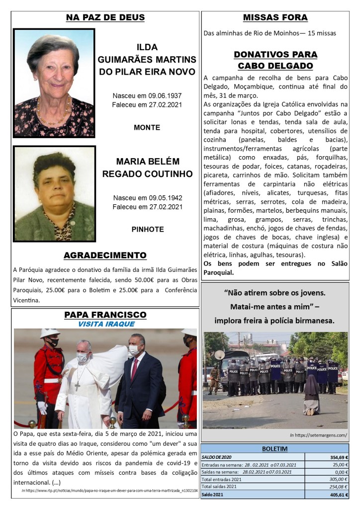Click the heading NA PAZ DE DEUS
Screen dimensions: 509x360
(x=105, y=18)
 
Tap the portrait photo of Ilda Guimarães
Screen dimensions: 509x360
(x=54, y=83)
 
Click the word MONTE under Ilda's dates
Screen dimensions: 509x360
(x=147, y=128)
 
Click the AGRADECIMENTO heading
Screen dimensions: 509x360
(x=105, y=255)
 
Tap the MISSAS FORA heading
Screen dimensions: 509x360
(x=275, y=18)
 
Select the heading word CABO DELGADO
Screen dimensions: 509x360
(x=275, y=66)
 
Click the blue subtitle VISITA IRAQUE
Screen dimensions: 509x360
(x=106, y=324)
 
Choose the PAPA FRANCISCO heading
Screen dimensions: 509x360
(x=105, y=315)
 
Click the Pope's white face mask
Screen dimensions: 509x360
(x=82, y=357)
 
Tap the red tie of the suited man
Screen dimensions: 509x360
(x=134, y=368)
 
